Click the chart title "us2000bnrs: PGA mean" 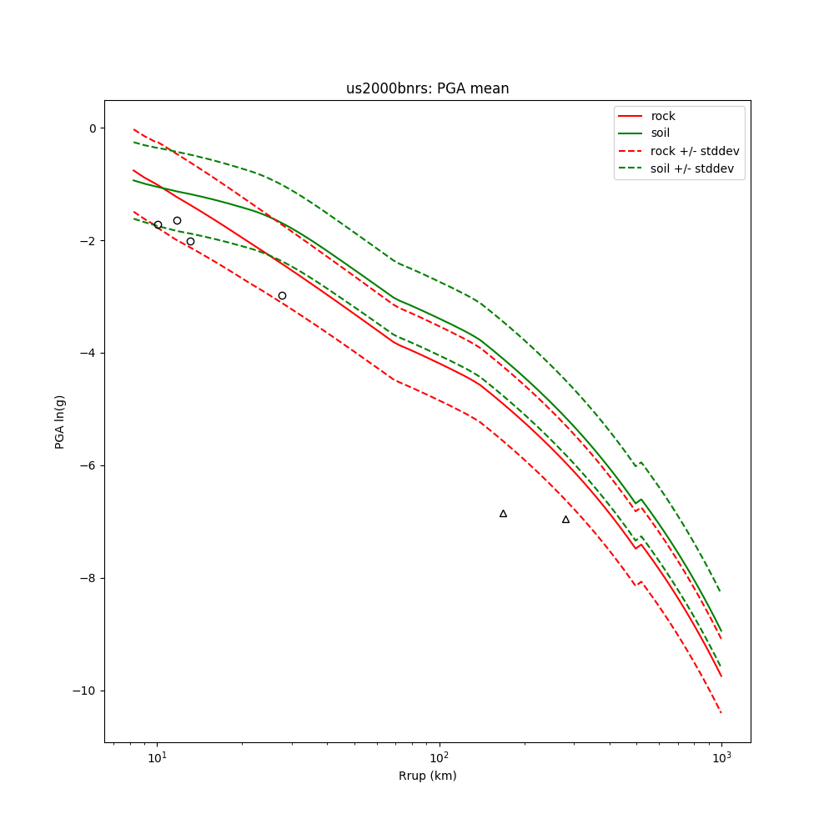pyautogui.click(x=427, y=88)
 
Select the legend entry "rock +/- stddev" pyautogui.click(x=695, y=151)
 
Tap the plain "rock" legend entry pyautogui.click(x=663, y=116)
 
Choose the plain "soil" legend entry pyautogui.click(x=661, y=133)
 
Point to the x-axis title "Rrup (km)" pyautogui.click(x=427, y=776)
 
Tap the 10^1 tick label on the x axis pyautogui.click(x=157, y=756)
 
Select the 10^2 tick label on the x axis pyautogui.click(x=439, y=756)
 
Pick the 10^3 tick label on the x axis pyautogui.click(x=721, y=756)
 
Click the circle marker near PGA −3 pyautogui.click(x=282, y=295)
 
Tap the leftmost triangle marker pyautogui.click(x=503, y=514)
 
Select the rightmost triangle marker pyautogui.click(x=565, y=520)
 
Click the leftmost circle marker pyautogui.click(x=158, y=224)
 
